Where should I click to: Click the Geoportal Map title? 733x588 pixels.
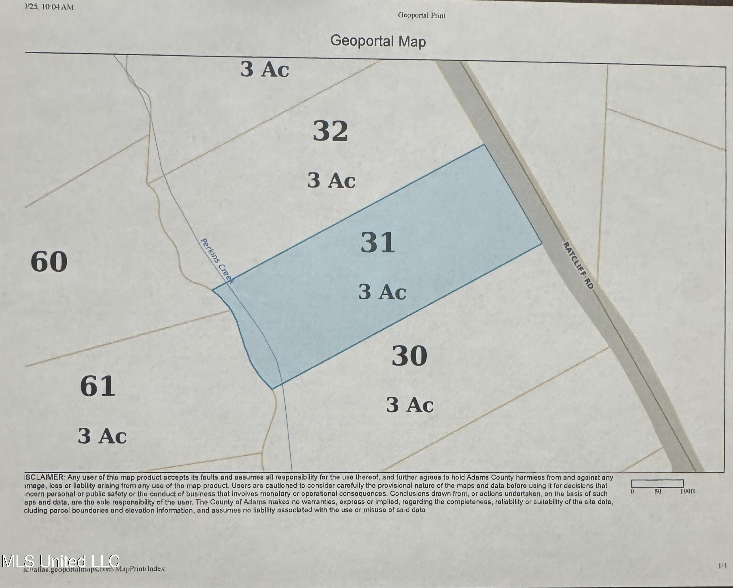point(378,41)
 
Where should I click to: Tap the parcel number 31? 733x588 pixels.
point(378,242)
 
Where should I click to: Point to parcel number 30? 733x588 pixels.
point(409,355)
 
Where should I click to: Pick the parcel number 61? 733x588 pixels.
point(97,386)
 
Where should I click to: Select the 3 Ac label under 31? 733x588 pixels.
point(382,292)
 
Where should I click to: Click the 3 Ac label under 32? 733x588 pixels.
point(332,180)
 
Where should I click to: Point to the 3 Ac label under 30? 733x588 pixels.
point(410,405)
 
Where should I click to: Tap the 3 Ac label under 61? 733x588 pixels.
point(102,436)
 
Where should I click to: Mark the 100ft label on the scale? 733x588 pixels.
point(688,491)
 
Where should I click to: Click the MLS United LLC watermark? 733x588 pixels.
point(61,561)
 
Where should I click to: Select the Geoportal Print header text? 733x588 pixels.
point(421,15)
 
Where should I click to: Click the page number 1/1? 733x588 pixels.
point(722,566)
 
